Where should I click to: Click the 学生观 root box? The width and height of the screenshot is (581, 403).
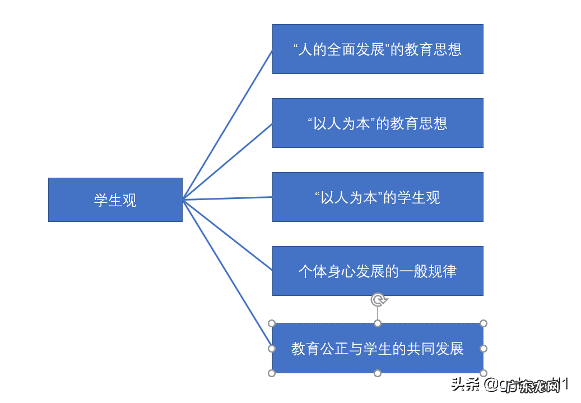tap(115, 200)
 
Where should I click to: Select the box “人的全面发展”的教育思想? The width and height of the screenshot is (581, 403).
tap(378, 49)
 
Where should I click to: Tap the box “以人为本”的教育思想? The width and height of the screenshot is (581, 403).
tap(378, 123)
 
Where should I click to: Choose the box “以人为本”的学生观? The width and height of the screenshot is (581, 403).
tap(378, 197)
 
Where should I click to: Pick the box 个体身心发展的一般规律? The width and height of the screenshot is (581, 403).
tap(378, 271)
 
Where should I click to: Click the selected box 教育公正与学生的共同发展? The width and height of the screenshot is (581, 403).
tap(378, 348)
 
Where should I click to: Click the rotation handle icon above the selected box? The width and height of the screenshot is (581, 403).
tap(379, 300)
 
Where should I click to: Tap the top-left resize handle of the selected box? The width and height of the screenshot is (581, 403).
tap(272, 323)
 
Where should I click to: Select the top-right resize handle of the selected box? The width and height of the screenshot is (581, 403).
tap(484, 323)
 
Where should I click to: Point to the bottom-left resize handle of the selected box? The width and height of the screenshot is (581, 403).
tap(272, 373)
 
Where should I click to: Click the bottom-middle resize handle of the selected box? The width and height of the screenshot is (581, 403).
tap(378, 373)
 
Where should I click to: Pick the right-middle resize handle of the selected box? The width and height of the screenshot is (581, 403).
tap(484, 348)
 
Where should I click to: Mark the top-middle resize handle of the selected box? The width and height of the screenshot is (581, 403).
tap(378, 323)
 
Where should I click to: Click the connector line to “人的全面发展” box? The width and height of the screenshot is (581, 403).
tap(227, 124)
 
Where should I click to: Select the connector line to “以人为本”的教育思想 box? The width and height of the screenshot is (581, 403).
tap(227, 161)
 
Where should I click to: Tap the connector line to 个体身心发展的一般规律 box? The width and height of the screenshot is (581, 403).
tap(227, 235)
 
